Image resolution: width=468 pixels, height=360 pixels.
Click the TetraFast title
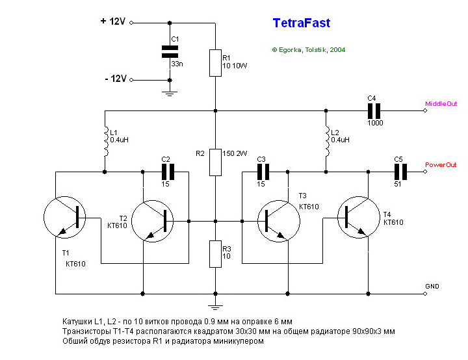coord(301,23)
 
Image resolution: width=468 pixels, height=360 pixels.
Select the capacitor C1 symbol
coord(170,52)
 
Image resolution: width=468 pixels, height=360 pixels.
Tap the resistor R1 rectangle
coord(214,62)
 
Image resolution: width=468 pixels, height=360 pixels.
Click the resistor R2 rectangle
coord(214,162)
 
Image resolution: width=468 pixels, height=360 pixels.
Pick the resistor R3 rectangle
coord(214,253)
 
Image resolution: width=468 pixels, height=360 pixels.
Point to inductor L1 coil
coord(105,141)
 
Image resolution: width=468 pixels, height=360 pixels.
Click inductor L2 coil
coord(326,141)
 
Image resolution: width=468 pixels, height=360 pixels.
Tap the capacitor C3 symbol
coord(263,172)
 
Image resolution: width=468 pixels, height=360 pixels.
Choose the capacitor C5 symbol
coord(400,172)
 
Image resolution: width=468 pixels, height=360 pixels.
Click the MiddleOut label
coord(441,103)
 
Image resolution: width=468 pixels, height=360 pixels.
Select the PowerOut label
coord(441,164)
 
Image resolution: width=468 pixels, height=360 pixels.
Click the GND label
coord(432,286)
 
